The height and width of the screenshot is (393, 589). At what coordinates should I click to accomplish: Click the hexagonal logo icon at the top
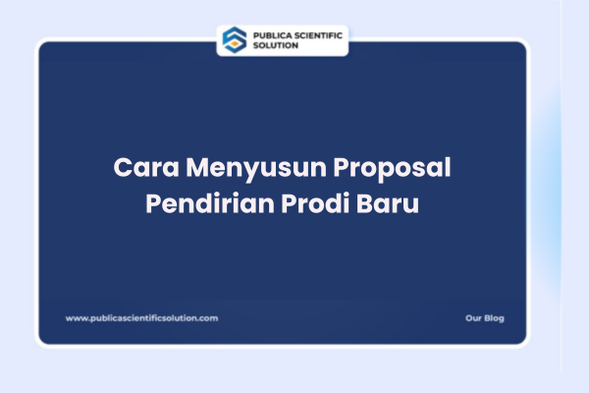click(x=234, y=39)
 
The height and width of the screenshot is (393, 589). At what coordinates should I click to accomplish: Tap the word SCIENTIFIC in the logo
click(x=316, y=34)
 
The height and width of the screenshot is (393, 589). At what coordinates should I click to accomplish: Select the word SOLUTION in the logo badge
click(x=275, y=45)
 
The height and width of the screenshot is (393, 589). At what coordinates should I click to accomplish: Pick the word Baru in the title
click(x=387, y=207)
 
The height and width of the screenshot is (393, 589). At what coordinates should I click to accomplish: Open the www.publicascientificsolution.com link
click(x=141, y=318)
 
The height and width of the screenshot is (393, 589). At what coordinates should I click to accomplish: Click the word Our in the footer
click(x=473, y=318)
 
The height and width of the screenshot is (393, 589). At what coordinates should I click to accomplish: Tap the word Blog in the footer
click(x=495, y=318)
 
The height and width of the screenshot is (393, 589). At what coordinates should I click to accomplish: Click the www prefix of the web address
click(x=74, y=318)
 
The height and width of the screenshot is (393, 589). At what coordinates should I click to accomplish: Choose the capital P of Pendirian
click(x=152, y=207)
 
